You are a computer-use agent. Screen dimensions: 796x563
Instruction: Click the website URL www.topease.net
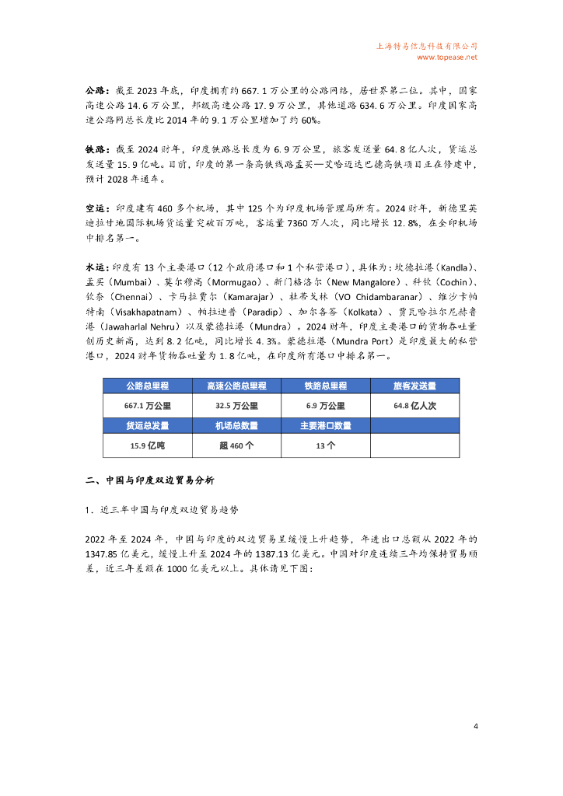coord(447,57)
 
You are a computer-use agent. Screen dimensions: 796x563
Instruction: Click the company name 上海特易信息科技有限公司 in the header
coord(426,46)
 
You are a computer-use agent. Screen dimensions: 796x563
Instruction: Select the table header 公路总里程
coord(148,386)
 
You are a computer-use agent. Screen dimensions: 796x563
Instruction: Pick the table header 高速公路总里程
coord(236,386)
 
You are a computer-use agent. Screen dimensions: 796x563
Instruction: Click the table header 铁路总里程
coord(326,386)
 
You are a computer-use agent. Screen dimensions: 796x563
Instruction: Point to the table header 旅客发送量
coord(415,386)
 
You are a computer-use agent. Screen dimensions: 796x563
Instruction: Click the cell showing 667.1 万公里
coord(148,406)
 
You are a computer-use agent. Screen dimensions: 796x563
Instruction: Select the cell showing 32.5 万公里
coord(236,406)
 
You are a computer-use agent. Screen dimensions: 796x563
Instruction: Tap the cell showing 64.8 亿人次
coord(415,406)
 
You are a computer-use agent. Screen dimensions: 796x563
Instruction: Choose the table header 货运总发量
coord(148,426)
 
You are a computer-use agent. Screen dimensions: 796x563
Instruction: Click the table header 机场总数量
coord(236,426)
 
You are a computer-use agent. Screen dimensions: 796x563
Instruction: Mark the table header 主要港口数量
coord(326,426)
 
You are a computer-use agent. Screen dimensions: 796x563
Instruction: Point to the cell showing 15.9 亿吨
coord(148,446)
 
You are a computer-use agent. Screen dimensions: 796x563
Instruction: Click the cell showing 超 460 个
coord(236,446)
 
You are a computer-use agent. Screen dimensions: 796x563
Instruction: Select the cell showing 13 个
coord(326,446)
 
